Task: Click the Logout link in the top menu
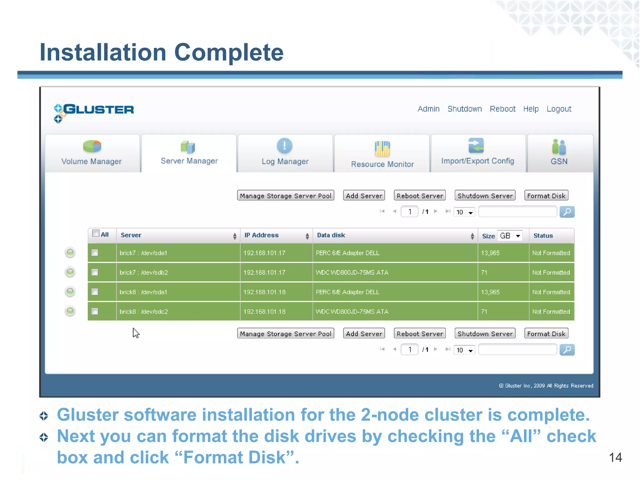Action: point(558,109)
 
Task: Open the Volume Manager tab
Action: point(92,153)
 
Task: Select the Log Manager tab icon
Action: point(284,146)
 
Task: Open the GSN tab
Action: point(559,153)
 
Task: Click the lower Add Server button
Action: point(364,334)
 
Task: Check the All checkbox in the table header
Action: point(96,233)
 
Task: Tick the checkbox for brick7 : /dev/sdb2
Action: point(95,272)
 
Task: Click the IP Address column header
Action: point(262,235)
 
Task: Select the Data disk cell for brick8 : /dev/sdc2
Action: point(352,312)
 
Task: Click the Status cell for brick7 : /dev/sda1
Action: point(551,253)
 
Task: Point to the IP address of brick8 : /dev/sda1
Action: point(264,292)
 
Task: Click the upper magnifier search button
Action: point(567,212)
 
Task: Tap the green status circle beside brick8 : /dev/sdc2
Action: point(70,311)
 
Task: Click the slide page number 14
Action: point(615,457)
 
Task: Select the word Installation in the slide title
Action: point(103,52)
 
